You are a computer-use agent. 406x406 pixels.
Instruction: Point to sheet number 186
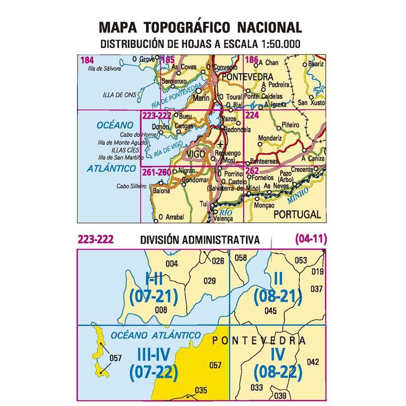coord(252,59)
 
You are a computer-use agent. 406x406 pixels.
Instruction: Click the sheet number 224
coord(252,116)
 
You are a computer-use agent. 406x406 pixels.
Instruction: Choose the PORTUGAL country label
coord(297,214)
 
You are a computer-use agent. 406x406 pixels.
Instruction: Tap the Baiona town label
coord(162,191)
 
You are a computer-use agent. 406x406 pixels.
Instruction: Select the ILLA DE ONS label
coord(119,95)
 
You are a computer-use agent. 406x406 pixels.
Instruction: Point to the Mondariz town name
coord(270,138)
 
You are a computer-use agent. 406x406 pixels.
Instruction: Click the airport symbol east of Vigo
coord(220,145)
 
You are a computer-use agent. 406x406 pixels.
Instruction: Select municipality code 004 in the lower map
coord(172,264)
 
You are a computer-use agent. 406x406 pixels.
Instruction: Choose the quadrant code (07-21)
coord(154,296)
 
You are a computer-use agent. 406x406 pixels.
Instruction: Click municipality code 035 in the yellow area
coord(200,390)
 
